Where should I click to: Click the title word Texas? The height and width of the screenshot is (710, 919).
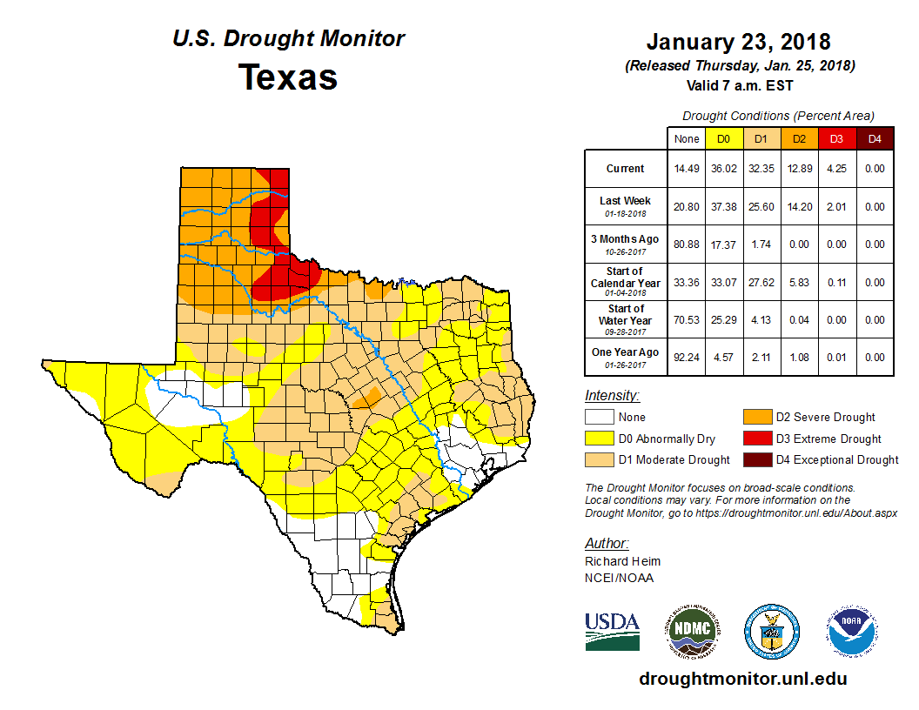(x=288, y=77)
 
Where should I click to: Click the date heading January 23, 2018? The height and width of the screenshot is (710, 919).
(x=739, y=42)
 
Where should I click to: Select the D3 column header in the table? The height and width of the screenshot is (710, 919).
(x=836, y=138)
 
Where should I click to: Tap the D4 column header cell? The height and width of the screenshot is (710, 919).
(x=875, y=138)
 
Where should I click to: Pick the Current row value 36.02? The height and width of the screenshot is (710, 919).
(x=722, y=169)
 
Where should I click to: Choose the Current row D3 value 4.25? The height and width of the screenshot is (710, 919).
(x=836, y=169)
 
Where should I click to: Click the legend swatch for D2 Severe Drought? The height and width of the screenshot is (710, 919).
(x=754, y=418)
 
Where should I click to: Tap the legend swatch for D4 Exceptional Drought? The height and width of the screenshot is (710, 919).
(x=754, y=459)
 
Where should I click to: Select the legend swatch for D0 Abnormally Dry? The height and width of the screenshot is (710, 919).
(x=599, y=439)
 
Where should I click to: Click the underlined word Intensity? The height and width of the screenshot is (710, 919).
(x=612, y=396)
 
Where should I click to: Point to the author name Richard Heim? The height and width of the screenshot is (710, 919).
(x=622, y=561)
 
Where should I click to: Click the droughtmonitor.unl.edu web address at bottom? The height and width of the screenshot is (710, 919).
(x=742, y=679)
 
